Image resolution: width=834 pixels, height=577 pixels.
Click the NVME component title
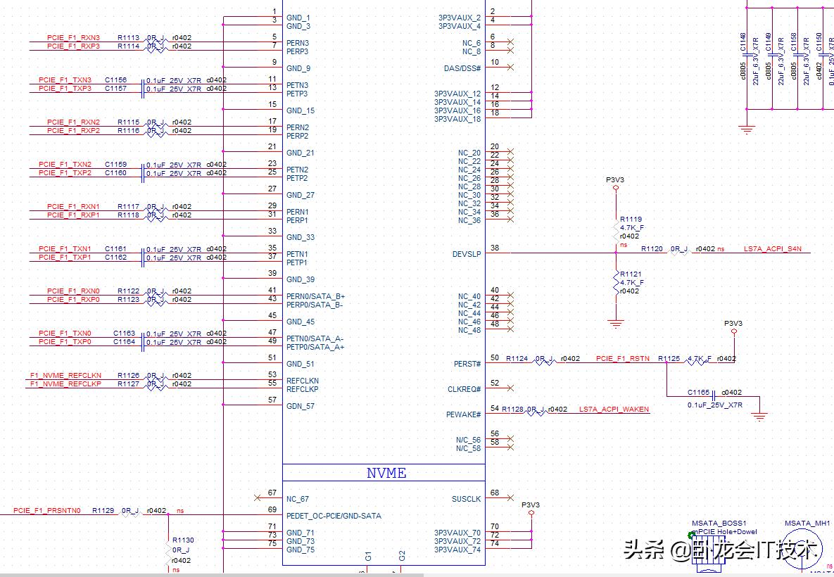tap(386, 473)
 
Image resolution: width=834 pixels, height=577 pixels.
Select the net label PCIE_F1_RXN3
tap(73, 37)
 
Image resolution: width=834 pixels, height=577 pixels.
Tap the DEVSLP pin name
tap(467, 254)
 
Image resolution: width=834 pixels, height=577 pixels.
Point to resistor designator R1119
tap(631, 220)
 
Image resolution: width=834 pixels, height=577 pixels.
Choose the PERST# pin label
tap(467, 364)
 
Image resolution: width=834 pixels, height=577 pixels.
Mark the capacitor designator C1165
tap(698, 393)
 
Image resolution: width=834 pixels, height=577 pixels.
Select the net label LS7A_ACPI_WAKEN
tap(614, 410)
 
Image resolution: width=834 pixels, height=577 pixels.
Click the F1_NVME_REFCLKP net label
tap(65, 384)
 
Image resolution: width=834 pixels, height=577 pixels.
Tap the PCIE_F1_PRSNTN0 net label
tap(47, 511)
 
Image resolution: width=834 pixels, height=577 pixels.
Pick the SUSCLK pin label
tap(466, 499)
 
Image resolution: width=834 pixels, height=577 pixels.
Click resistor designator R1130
tap(183, 540)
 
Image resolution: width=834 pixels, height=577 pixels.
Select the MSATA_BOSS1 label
tap(719, 524)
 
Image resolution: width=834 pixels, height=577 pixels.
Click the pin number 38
tap(495, 248)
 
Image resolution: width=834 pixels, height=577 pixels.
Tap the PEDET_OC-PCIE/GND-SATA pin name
tap(334, 516)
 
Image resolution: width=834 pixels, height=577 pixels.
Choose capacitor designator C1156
tap(115, 80)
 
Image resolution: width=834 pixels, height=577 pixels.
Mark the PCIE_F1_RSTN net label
tap(623, 359)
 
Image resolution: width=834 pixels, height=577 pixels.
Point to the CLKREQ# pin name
tap(465, 389)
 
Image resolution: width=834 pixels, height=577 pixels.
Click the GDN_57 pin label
tap(301, 406)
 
